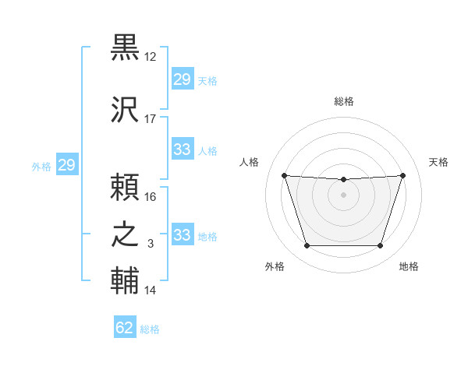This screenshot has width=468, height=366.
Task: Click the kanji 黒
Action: [x=125, y=48]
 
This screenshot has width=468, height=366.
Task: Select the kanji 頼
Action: [x=125, y=188]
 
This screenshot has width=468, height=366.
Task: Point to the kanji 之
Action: [x=125, y=234]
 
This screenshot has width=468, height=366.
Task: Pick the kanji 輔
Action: [x=125, y=281]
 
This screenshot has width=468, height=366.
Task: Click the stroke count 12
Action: [x=151, y=57]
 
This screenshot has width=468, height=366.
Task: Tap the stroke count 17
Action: [x=151, y=119]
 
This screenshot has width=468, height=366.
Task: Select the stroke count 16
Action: [x=151, y=197]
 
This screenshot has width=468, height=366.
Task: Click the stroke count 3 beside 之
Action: [x=151, y=244]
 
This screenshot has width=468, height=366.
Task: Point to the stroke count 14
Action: [x=151, y=290]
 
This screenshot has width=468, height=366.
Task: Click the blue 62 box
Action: [x=125, y=328]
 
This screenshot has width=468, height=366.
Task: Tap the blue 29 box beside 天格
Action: [x=182, y=79]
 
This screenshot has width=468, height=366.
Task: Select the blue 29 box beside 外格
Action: [x=66, y=165]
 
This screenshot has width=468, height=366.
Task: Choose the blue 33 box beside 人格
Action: [x=182, y=150]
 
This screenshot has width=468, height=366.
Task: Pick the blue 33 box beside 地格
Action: [x=182, y=235]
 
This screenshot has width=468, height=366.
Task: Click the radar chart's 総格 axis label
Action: [x=344, y=101]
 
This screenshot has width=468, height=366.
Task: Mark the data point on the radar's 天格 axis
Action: [x=402, y=175]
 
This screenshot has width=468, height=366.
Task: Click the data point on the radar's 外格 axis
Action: [x=307, y=246]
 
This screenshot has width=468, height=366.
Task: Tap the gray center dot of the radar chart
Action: [x=343, y=195]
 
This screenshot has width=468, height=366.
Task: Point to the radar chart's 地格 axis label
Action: [x=409, y=267]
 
